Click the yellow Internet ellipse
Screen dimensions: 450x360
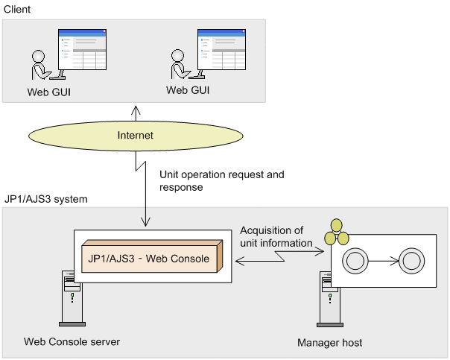click(136, 136)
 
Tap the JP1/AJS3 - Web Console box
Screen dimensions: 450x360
click(152, 256)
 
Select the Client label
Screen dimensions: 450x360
click(17, 10)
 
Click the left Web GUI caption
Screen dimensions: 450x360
click(48, 92)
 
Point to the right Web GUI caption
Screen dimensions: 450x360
click(188, 90)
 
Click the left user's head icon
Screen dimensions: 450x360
click(38, 56)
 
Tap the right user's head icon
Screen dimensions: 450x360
click(177, 55)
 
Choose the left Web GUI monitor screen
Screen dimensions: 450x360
click(83, 49)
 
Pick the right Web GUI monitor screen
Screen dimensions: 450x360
click(221, 49)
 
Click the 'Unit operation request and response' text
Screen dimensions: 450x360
click(222, 180)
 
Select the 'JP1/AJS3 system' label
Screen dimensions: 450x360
click(46, 199)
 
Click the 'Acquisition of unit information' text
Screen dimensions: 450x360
click(276, 236)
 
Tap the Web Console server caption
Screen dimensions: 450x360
click(72, 341)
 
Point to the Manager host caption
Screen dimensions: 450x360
click(330, 343)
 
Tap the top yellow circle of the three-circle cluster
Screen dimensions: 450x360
click(336, 225)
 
